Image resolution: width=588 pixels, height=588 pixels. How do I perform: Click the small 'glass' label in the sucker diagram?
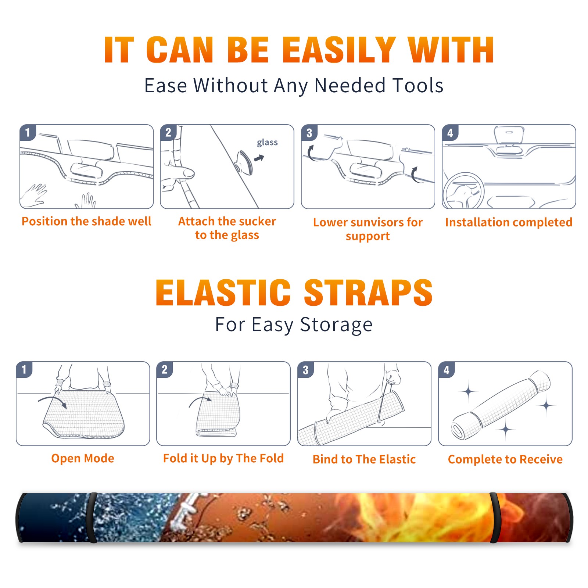(x=267, y=143)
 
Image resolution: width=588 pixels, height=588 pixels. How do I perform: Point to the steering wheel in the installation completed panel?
(x=464, y=191)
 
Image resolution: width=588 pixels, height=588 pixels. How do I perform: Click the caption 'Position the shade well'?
(x=86, y=221)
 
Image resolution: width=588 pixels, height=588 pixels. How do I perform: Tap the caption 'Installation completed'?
(x=509, y=222)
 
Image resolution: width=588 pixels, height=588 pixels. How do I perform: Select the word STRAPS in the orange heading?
(x=368, y=293)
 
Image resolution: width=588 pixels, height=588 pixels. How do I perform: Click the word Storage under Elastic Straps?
(x=336, y=325)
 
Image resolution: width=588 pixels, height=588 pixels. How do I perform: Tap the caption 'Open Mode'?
(x=83, y=458)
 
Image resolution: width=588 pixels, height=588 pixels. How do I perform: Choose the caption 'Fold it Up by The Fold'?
(x=223, y=459)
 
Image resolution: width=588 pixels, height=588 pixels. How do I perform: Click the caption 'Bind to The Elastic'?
(x=364, y=459)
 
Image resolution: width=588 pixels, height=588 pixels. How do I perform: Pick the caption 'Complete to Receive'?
(x=505, y=459)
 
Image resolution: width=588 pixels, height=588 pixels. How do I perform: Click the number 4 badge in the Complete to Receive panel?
(x=447, y=370)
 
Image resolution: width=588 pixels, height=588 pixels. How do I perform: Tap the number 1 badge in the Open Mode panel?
(x=24, y=369)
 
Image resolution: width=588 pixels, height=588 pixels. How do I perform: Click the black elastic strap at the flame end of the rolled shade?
(x=494, y=517)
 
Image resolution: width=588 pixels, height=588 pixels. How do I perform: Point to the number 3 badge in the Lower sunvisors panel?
(x=309, y=133)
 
